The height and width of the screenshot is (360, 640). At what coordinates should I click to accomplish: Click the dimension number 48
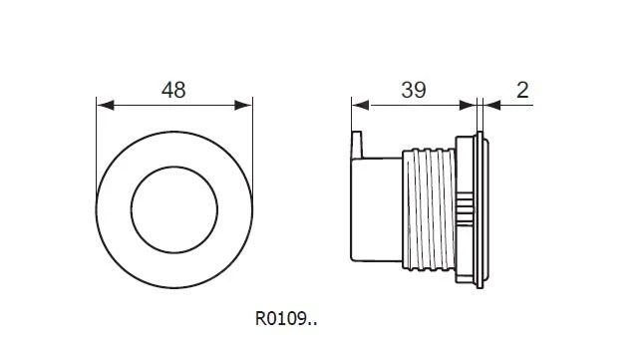point(173,90)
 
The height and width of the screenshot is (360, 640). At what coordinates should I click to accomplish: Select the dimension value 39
point(413,90)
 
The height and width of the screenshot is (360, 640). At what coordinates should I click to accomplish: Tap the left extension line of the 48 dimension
point(97,130)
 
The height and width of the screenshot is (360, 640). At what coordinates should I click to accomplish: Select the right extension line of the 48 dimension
point(251,130)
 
